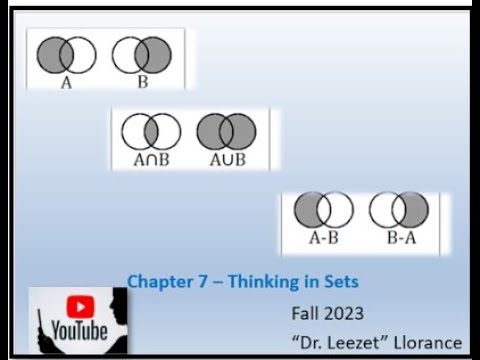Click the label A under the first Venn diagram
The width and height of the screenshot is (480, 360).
click(66, 83)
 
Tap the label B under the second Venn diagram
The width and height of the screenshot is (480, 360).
click(142, 83)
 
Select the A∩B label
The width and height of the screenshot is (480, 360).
click(151, 160)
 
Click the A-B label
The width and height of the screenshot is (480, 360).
click(323, 238)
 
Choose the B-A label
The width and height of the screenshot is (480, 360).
click(399, 238)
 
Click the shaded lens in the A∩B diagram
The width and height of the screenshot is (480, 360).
click(151, 131)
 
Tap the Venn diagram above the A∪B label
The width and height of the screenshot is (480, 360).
click(226, 131)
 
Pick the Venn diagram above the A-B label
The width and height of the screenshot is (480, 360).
click(324, 210)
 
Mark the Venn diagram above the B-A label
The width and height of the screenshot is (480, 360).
click(399, 210)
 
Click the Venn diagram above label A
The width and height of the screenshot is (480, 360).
click(66, 55)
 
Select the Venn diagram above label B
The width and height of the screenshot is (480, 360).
click(142, 55)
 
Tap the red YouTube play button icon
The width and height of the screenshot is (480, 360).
click(79, 306)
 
